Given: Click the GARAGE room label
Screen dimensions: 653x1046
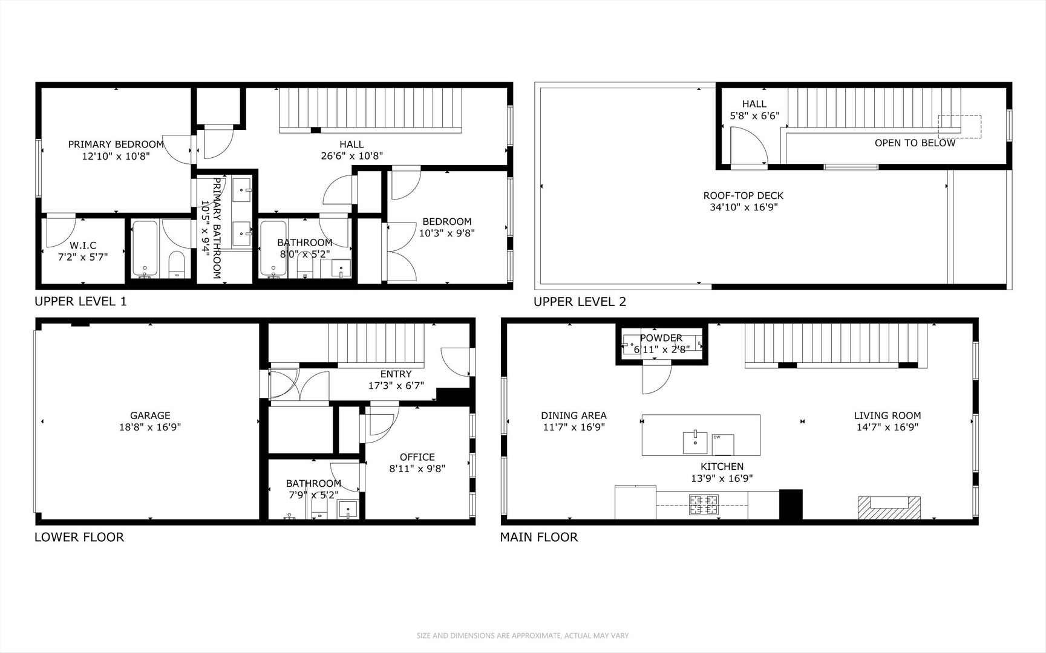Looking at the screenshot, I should coord(150,415).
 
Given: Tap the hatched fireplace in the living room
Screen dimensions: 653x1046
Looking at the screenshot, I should coord(889,508).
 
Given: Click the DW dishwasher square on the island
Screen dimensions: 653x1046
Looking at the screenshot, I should coord(723,444).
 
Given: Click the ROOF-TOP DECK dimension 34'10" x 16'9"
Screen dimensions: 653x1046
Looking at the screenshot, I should coord(743,207).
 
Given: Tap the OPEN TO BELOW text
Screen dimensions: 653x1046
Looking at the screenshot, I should coord(915,143).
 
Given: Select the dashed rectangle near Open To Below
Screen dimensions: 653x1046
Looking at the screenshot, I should coord(959,126).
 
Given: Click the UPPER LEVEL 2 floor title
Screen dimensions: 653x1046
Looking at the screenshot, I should coord(580,302).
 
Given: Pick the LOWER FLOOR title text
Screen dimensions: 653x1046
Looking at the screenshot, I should coord(79,537).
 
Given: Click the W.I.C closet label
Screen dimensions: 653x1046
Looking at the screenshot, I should coord(83,245).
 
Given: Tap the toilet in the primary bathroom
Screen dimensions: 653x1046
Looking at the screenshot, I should coord(176,265).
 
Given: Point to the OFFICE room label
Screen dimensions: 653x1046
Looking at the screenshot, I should coord(417,457).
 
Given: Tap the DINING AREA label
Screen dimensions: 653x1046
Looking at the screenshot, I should coord(574,415).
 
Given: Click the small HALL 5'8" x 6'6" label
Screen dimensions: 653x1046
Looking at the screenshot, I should coord(754,110).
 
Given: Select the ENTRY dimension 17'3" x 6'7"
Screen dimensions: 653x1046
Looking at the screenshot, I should coord(396,385).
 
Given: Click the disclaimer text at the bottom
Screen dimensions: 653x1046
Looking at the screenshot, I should coord(523,635).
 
